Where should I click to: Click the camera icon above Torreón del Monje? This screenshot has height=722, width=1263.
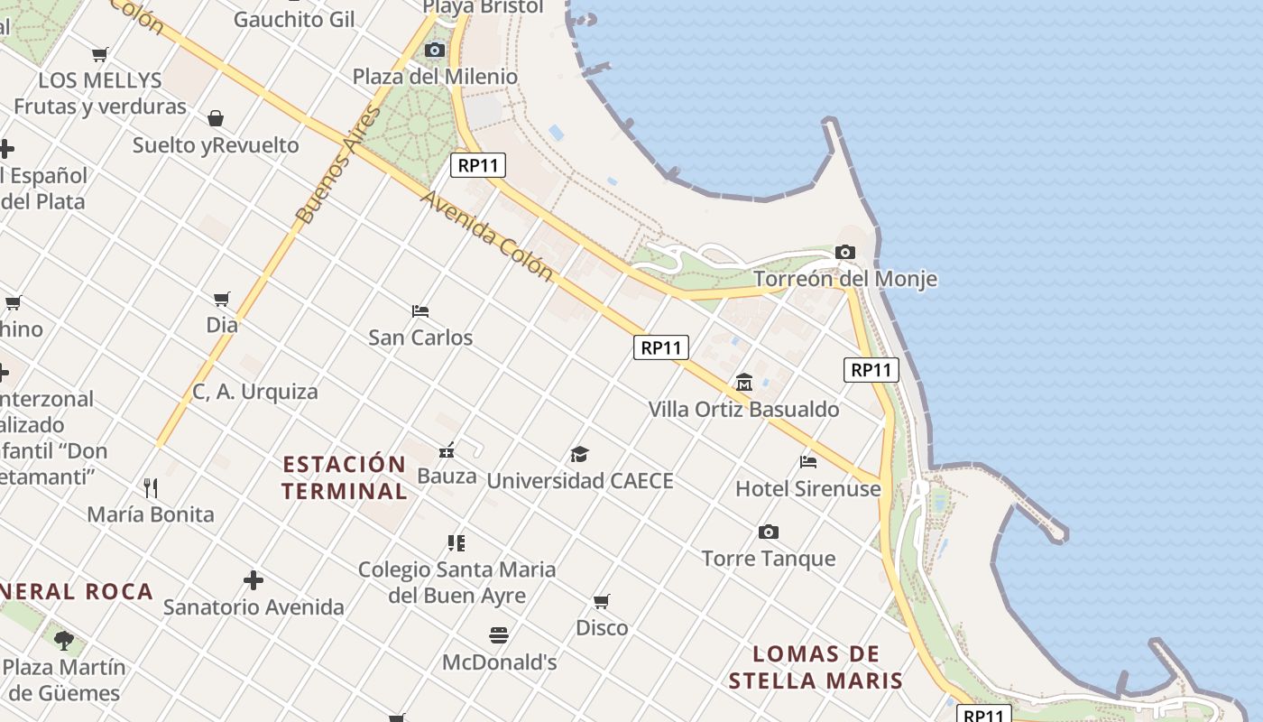[x=845, y=253]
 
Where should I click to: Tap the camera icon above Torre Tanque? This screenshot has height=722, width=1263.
[x=769, y=532]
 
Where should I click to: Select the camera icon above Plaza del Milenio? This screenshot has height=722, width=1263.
[x=435, y=50]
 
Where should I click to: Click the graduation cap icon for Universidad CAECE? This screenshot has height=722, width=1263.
[x=579, y=454]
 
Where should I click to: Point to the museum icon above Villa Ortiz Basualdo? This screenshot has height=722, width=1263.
[x=744, y=383]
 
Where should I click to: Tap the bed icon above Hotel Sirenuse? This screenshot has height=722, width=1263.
[x=808, y=462]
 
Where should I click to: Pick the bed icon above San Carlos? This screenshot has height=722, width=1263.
[x=420, y=311]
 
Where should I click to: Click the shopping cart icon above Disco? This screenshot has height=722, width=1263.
[x=602, y=601]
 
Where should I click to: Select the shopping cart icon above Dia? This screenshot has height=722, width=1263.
[x=222, y=299]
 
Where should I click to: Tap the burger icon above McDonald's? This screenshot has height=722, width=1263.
[x=499, y=635]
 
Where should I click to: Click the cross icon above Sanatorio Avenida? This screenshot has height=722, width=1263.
[x=254, y=580]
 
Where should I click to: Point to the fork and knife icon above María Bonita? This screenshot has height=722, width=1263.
[x=151, y=488]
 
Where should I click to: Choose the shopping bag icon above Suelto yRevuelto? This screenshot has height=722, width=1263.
[x=216, y=118]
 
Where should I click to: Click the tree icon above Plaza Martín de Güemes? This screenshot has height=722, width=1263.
[x=63, y=641]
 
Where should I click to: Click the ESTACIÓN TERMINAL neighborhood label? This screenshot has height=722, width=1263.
[x=345, y=477]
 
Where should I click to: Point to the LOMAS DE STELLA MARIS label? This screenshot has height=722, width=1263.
[x=816, y=667]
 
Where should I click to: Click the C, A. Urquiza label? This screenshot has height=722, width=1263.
[x=255, y=392]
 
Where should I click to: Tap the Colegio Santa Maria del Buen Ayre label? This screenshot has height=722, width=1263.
[x=457, y=582]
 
